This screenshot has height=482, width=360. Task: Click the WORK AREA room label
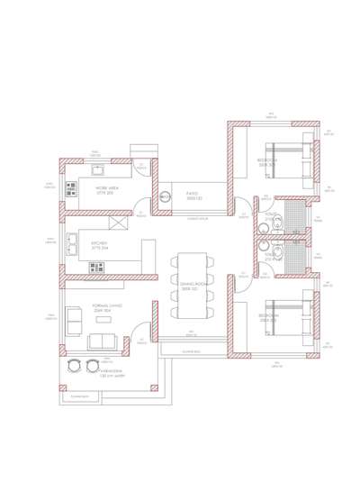coord(107,190)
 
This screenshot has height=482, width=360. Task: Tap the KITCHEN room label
coord(99,244)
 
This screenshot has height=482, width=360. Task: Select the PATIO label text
coord(193,195)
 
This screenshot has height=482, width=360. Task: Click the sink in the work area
coord(97,170)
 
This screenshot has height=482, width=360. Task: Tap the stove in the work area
coord(71,189)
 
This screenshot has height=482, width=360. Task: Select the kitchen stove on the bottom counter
coord(96,268)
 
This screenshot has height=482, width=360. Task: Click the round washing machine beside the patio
coord(165,196)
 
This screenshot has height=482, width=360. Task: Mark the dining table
coord(193,286)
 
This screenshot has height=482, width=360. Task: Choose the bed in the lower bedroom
coord(288,316)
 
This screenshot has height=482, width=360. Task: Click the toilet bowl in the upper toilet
coord(264,229)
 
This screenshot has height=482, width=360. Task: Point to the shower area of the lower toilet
coord(294,256)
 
